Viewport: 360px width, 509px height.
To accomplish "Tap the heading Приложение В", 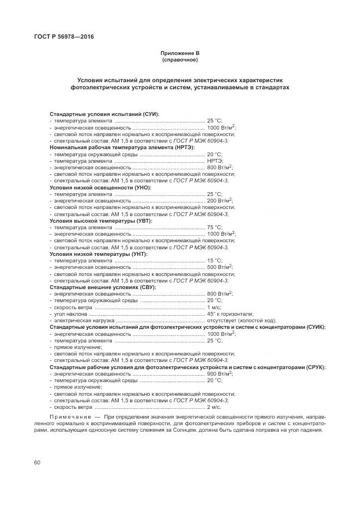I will click(180, 53).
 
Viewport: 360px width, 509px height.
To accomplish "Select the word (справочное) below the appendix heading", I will click(180, 60).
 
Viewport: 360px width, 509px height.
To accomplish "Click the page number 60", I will click(37, 463).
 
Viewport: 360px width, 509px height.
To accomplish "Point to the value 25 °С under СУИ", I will click(215, 120).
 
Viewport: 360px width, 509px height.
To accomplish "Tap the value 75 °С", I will click(215, 227).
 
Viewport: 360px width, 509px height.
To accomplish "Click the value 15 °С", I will click(215, 260).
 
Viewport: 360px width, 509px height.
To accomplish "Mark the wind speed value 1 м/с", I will click(213, 307).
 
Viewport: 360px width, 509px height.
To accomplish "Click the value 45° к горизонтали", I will click(230, 314).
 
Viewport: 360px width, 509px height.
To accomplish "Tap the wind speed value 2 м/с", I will click(214, 422).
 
